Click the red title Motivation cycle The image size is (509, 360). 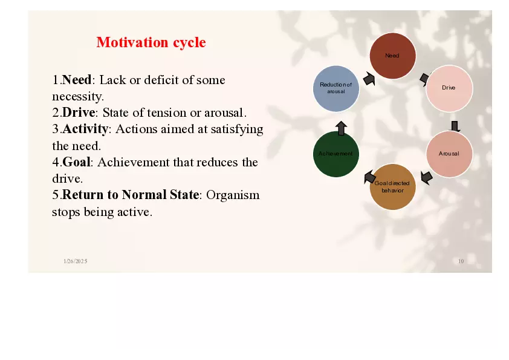151,42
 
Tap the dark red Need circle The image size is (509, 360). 392,56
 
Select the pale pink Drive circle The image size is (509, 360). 449,88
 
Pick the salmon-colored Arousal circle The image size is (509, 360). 449,154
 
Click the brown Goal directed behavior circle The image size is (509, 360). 392,186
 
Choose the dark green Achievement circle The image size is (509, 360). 336,154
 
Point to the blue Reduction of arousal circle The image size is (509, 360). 336,88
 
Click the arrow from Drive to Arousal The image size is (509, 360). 455,126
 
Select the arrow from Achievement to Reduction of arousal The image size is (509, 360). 341,128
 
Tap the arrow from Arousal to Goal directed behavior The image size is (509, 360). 426,177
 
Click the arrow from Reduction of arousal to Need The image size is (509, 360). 369,79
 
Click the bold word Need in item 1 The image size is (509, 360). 77,80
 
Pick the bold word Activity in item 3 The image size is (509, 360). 85,129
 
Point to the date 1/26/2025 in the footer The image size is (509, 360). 76,261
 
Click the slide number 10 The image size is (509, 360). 461,261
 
